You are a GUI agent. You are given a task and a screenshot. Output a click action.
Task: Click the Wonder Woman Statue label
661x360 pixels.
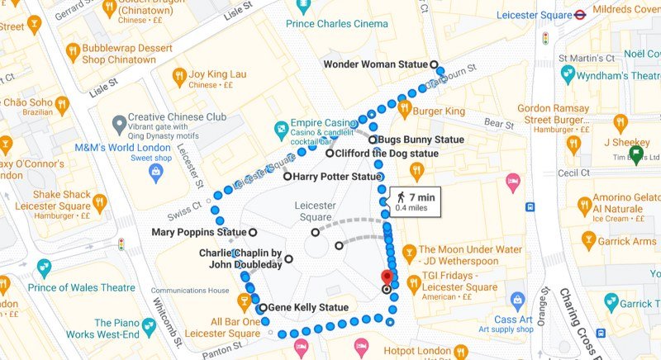[375, 64]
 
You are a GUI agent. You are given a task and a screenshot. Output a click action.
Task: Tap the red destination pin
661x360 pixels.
[385, 277]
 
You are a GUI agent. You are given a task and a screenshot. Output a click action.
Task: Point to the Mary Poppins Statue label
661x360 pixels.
[199, 232]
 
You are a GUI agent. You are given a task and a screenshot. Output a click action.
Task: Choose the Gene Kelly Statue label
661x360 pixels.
[307, 308]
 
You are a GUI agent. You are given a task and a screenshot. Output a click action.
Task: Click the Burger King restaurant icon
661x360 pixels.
[405, 109]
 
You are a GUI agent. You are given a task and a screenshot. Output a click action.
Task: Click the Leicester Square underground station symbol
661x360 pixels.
[582, 14]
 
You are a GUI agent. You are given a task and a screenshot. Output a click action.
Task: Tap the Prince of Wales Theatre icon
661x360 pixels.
[43, 268]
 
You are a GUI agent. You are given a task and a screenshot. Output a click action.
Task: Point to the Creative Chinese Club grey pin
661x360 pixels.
[119, 125]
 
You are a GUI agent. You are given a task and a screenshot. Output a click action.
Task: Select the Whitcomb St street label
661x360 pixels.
[165, 305]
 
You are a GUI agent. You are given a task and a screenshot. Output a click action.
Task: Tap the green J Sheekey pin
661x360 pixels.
[635, 154]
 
